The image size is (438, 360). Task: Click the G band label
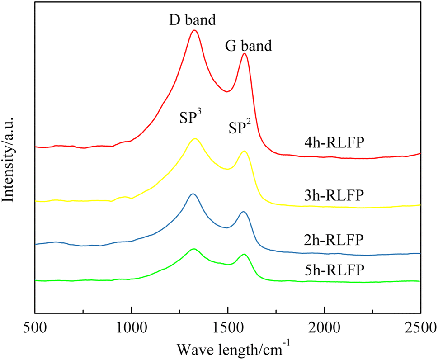[x=248, y=46]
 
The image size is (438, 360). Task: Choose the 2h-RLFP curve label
[x=334, y=239]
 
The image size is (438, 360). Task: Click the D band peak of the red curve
[x=194, y=30]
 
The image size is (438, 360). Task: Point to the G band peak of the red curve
[x=245, y=54]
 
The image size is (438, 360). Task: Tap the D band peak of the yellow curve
[x=195, y=139]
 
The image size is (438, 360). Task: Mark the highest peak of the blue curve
[x=193, y=194]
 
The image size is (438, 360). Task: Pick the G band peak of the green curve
[x=244, y=254]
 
